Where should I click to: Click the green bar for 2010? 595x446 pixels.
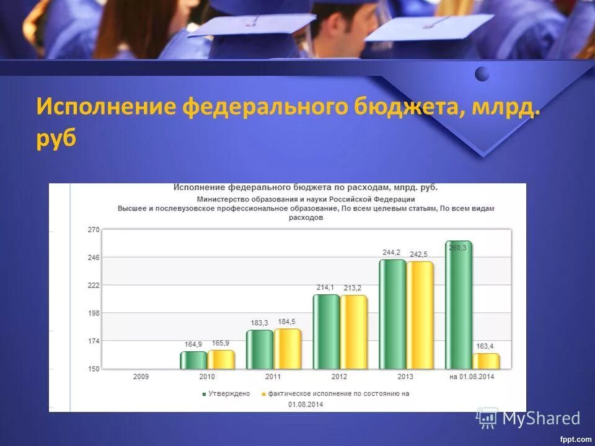[193, 361]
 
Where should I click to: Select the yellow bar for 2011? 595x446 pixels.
[287, 349]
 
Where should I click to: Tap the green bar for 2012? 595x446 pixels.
[326, 332]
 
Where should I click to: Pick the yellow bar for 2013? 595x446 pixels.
[420, 315]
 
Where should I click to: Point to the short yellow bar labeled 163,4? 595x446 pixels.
[485, 361]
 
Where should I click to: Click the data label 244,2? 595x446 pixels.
[392, 252]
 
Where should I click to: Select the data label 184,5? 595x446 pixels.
[286, 321]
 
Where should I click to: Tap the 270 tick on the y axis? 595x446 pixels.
[93, 230]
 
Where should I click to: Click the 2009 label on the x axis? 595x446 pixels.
[141, 377]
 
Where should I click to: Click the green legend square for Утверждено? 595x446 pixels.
[203, 394]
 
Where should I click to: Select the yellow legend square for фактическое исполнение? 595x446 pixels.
[263, 394]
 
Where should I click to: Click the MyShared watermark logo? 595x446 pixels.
[529, 418]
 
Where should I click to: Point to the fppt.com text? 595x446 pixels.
[575, 439]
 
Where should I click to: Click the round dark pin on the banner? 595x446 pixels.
[482, 74]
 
